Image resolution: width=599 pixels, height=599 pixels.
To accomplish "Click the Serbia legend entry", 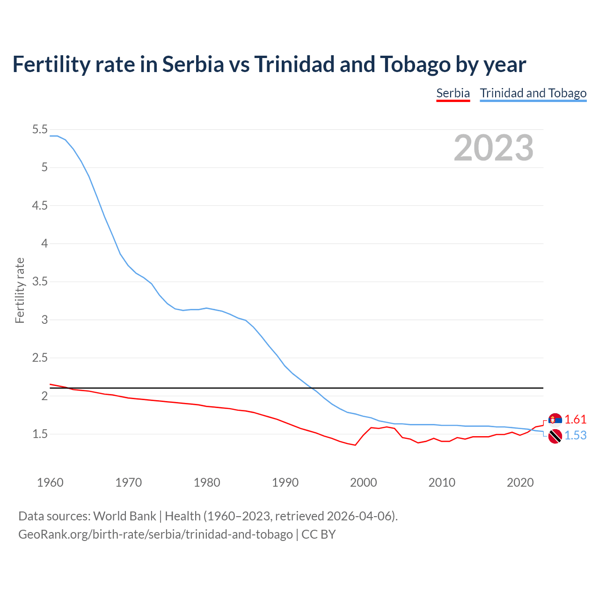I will coord(453,93).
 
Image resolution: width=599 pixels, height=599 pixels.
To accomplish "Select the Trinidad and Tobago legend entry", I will coord(533,93).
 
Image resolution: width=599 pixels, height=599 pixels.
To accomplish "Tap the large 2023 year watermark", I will coord(493,148).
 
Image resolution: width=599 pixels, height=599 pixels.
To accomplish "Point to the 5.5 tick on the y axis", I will coord(40,130).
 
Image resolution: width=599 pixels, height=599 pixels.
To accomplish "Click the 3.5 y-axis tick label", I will coord(40,282).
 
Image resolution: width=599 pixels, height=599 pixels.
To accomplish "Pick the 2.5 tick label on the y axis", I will coord(40,358).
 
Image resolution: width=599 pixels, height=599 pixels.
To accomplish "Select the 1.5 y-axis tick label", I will coord(40,434).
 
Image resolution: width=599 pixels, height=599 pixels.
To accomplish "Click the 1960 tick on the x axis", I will coord(50,482).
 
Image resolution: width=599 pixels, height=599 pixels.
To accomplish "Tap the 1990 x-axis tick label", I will coord(285,482).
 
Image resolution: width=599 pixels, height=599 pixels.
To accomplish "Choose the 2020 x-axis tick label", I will coord(520,482).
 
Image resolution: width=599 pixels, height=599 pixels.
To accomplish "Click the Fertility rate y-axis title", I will coord(20,290).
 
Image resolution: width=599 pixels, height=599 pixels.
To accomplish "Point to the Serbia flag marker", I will coord(555,420).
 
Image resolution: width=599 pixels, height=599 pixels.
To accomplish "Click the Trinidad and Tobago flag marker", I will coord(555,436).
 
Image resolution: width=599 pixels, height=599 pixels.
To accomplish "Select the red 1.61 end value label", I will coord(575,419).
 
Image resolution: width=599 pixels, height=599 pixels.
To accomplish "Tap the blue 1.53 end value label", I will coord(575,435).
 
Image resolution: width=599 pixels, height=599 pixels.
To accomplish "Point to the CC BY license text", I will coord(319,534).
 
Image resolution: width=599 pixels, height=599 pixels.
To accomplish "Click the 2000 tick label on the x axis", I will coord(363,482).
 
